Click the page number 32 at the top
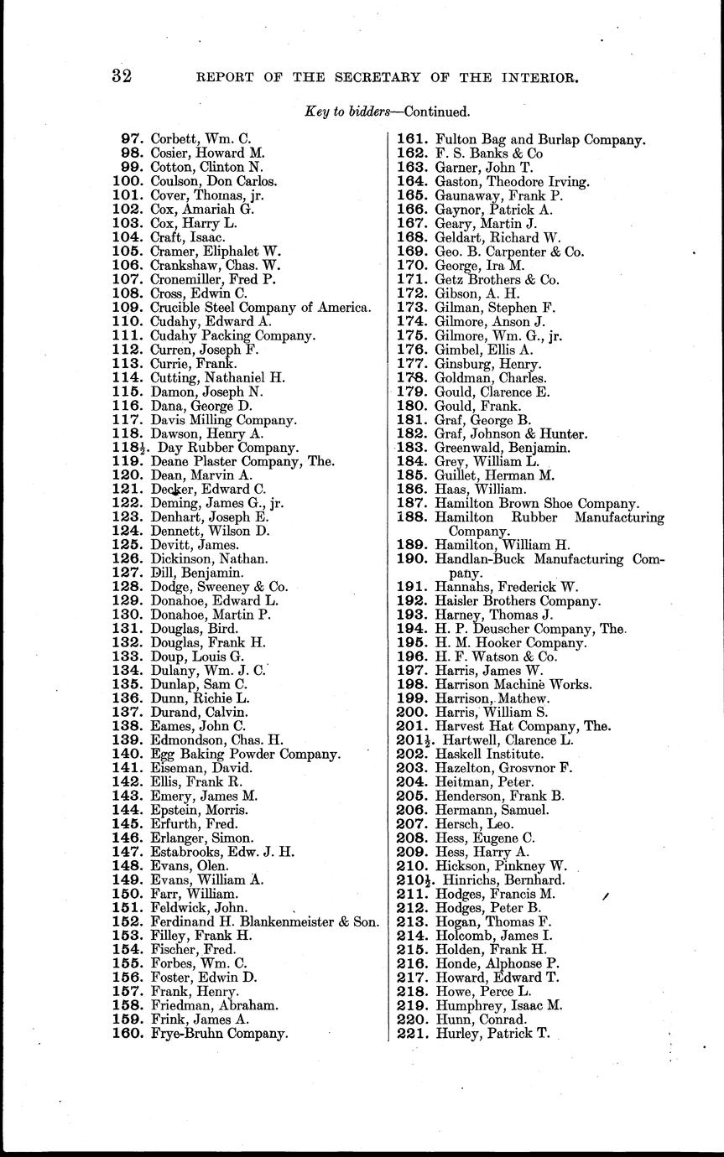[123, 77]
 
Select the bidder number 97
[132, 138]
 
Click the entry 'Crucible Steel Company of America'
[260, 308]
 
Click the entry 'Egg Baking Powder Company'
[245, 754]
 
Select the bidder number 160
[128, 1033]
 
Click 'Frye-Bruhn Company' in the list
[219, 1033]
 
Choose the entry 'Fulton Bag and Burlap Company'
[539, 139]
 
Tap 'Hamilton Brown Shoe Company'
[537, 503]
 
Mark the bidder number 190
[412, 558]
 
